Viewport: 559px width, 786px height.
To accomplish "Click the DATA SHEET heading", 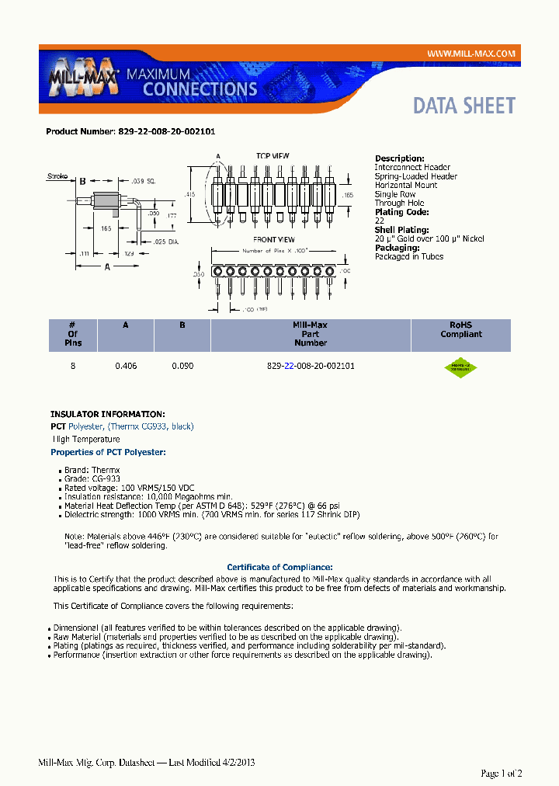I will pos(464,106).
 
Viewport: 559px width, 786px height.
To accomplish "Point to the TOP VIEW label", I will pos(273,156).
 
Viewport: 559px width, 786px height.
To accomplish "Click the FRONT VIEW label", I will pos(273,239).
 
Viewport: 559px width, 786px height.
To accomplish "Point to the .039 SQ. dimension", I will pos(143,180).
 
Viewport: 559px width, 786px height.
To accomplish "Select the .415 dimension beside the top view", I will pos(189,194).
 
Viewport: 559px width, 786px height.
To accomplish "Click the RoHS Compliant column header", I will pos(460,330).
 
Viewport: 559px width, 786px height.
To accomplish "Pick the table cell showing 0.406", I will pos(126,365).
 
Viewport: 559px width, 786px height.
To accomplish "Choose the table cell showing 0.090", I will pos(182,365).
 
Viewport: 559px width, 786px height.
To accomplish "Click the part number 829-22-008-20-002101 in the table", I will pos(310,365).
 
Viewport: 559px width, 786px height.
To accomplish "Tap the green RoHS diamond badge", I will pos(460,367).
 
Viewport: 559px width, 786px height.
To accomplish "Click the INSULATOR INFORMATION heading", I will pos(107,414).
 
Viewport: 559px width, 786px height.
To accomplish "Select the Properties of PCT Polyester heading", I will pos(108,452).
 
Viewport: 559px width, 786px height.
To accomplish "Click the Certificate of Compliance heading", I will pos(279,567).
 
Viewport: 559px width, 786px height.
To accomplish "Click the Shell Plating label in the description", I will pos(401,230).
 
